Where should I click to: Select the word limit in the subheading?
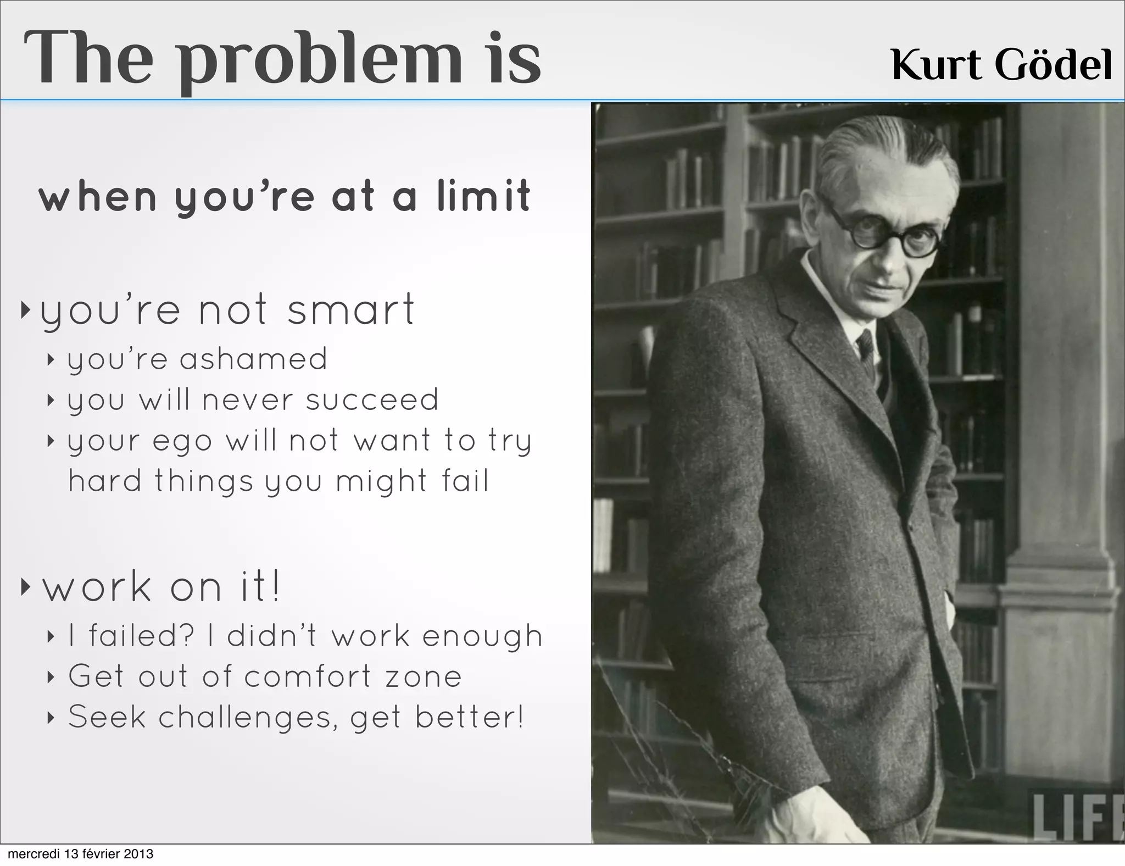point(483,196)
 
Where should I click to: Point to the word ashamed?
point(253,359)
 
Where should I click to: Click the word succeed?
point(372,399)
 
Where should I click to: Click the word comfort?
point(308,676)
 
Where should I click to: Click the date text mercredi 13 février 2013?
point(77,854)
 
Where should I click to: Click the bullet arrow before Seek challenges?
point(51,718)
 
